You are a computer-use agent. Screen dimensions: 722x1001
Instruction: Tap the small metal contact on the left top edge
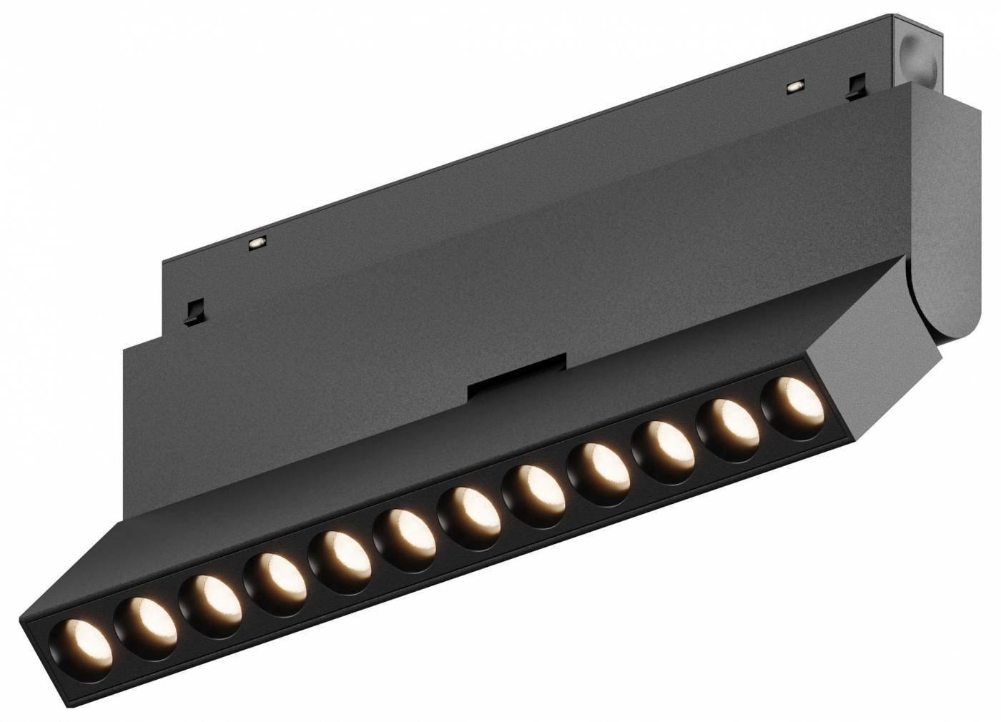255,243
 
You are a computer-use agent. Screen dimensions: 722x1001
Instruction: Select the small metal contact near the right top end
791,86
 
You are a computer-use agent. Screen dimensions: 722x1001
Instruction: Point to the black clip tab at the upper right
854,86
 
